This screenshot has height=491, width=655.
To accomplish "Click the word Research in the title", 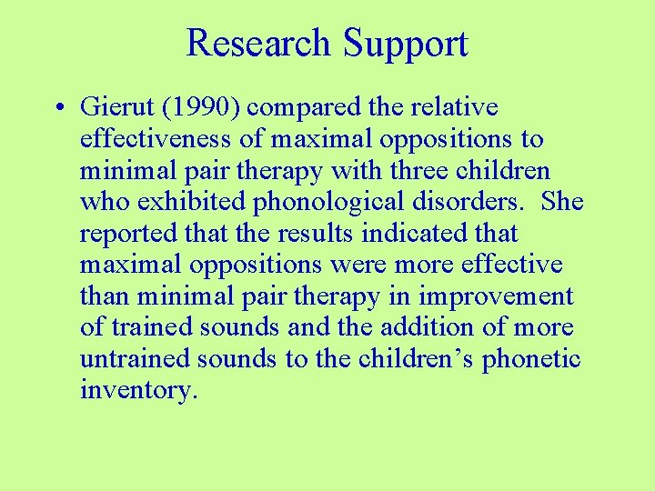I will point(258,44).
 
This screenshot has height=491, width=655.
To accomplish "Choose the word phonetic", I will point(530,359).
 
